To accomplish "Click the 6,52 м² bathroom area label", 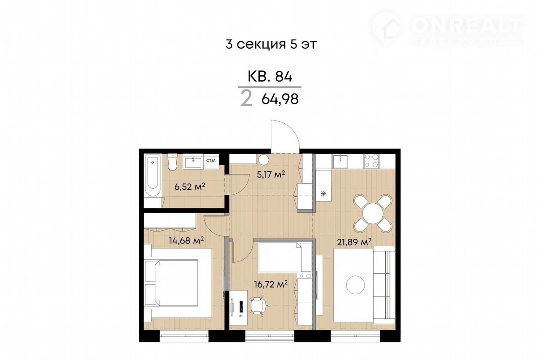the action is point(189,187).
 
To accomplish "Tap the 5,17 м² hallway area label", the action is point(271,174).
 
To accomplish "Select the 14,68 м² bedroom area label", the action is point(187,240).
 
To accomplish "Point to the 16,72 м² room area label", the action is point(271,284).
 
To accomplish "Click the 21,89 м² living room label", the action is point(354,242).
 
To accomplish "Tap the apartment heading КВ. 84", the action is point(270,77).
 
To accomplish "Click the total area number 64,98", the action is point(280,99).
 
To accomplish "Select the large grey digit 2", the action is point(247,99).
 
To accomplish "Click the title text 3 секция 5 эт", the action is point(271,44).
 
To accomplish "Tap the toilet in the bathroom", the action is point(172,162).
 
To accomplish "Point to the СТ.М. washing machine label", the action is point(211,160).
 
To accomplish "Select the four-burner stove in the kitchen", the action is point(371,161).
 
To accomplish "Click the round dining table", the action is point(373,213).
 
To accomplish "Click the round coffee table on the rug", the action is point(355,285).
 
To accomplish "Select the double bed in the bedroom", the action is point(178,283).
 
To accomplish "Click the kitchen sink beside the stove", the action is point(340,161).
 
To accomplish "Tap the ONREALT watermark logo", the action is point(448,29).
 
